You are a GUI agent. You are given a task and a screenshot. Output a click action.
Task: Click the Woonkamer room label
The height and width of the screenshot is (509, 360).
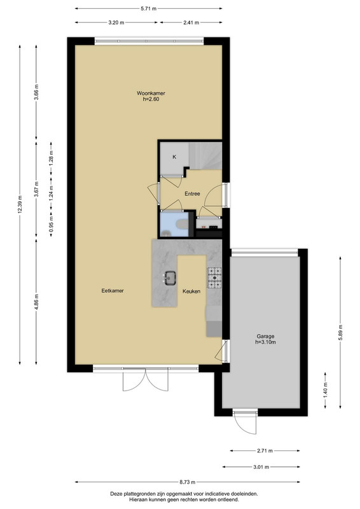(151, 93)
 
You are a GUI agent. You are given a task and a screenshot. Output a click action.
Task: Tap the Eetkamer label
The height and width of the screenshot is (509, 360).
(113, 291)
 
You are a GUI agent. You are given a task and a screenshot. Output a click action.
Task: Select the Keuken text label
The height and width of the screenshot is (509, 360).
(191, 291)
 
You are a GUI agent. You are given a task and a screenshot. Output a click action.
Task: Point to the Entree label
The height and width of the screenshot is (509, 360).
(192, 194)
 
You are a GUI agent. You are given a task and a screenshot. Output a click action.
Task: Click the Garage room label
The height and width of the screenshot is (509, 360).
(265, 337)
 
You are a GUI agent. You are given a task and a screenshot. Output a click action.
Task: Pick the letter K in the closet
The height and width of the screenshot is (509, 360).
(174, 157)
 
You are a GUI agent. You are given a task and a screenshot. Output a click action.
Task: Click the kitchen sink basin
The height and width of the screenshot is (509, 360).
(170, 278)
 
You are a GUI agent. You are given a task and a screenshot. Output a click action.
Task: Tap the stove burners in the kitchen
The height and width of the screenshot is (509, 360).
(214, 278)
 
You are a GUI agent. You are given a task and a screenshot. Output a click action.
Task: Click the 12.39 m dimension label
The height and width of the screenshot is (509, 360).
(20, 205)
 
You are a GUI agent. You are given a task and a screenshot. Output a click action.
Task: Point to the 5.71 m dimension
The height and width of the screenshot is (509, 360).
(148, 9)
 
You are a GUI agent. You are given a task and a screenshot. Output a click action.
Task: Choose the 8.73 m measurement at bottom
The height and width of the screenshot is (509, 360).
(188, 482)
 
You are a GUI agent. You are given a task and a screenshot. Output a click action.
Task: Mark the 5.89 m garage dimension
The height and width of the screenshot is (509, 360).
(340, 332)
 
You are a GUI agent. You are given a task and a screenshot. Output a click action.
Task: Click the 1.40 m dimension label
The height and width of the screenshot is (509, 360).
(325, 390)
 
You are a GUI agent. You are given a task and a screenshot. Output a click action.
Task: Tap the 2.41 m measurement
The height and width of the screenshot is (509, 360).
(191, 23)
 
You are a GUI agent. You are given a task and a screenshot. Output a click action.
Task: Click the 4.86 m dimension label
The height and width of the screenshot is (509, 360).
(36, 302)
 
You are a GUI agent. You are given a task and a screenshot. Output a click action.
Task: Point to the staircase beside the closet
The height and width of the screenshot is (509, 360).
(205, 155)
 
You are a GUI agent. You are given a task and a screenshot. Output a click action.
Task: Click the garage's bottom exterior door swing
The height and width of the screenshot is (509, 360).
(246, 422)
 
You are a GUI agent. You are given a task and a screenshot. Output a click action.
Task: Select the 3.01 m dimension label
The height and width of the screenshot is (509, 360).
(261, 467)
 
